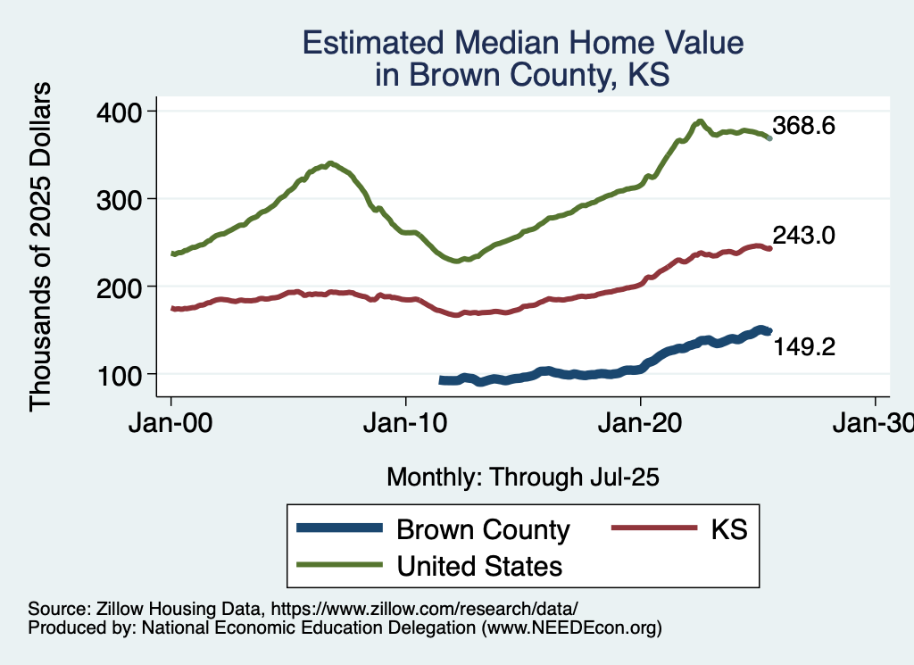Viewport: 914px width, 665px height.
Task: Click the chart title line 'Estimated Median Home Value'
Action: point(522,43)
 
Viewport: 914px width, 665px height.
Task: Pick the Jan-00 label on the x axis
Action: point(171,424)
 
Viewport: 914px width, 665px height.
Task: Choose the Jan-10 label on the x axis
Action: point(406,424)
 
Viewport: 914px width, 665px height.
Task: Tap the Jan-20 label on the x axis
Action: point(641,424)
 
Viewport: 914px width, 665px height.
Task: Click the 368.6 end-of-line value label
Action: point(803,126)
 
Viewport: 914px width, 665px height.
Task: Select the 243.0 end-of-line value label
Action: point(803,236)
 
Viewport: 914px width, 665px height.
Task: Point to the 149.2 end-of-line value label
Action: point(803,346)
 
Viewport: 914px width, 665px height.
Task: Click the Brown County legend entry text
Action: point(483,529)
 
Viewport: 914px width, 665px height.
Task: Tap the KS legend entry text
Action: point(728,529)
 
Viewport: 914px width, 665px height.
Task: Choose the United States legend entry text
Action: point(479,565)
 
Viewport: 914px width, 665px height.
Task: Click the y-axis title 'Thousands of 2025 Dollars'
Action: point(41,245)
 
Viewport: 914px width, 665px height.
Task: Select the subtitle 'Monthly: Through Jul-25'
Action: point(522,478)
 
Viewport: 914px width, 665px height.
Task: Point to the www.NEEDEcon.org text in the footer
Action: point(571,628)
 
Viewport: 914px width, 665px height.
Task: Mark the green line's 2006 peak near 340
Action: point(330,163)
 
